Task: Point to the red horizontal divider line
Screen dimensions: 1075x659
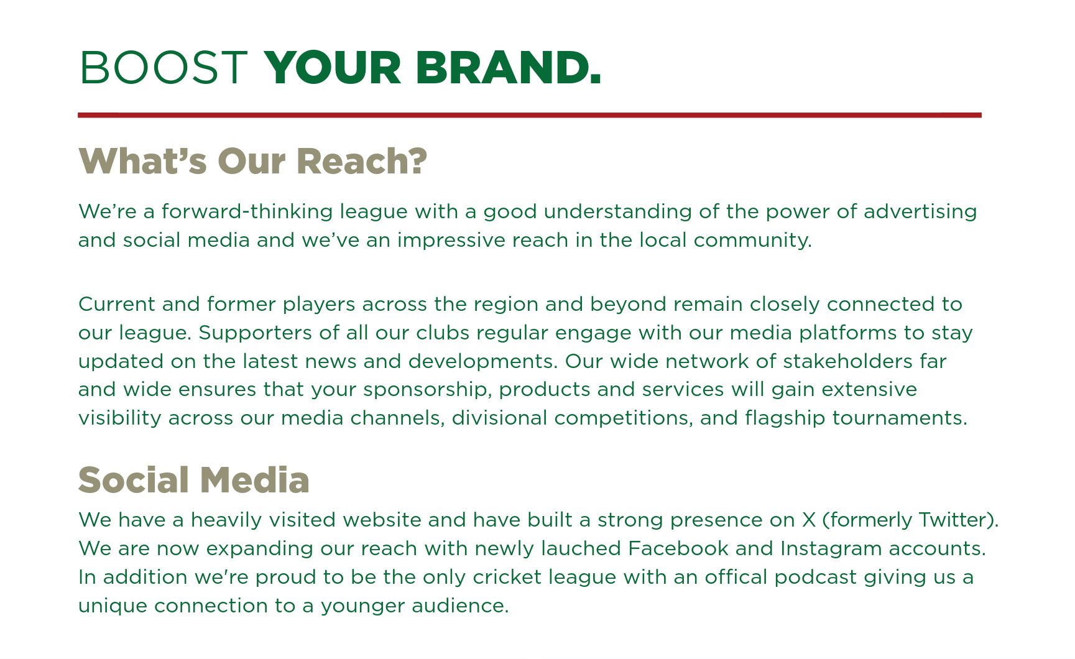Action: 530,115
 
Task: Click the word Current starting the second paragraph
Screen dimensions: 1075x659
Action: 117,304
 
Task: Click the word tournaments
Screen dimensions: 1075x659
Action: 900,418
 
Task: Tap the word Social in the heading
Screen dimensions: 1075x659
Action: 134,480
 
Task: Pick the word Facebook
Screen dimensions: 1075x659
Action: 678,548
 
